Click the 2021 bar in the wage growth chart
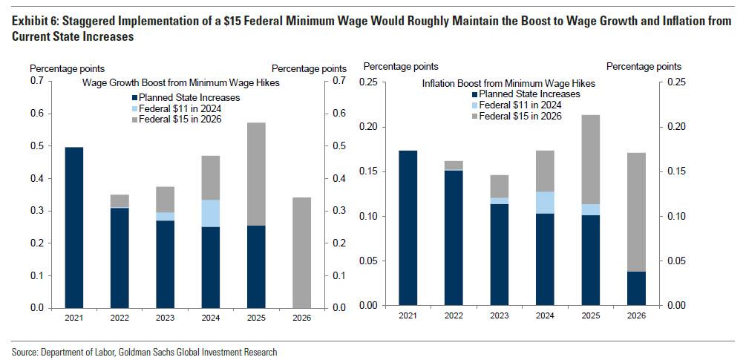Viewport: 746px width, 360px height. (x=74, y=227)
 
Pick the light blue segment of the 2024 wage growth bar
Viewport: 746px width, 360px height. (x=210, y=213)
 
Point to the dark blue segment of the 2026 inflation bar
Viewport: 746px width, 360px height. (x=636, y=288)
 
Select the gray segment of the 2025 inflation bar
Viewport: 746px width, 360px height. (x=591, y=159)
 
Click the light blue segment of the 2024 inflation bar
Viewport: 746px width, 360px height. (x=545, y=203)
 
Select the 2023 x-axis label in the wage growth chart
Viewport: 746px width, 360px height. (x=165, y=318)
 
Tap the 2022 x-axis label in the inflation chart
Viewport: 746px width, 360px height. (x=454, y=316)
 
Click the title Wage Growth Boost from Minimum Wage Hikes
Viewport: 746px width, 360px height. (x=180, y=82)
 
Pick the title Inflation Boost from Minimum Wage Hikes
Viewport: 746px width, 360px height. (x=508, y=83)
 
